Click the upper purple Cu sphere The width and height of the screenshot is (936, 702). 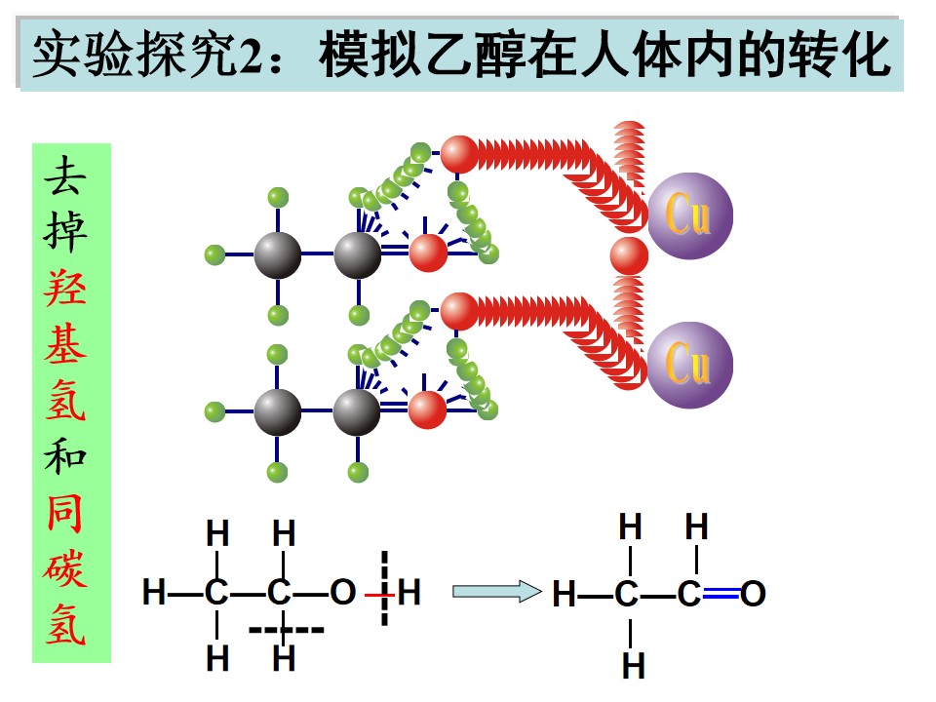point(690,216)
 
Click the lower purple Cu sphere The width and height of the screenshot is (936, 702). point(690,366)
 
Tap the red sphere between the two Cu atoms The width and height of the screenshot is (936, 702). point(629,256)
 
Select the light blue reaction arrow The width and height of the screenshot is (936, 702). point(496,592)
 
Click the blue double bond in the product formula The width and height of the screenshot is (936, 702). point(721,593)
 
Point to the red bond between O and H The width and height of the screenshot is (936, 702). point(379,595)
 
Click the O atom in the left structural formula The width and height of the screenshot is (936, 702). point(342,592)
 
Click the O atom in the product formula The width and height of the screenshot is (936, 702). point(753,594)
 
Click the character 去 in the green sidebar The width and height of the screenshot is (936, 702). point(65,176)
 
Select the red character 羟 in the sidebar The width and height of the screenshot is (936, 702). point(65,289)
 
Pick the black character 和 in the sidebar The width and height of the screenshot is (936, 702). point(65,456)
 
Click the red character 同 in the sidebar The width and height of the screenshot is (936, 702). point(65,514)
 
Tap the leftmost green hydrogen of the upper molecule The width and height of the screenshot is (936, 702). point(214,254)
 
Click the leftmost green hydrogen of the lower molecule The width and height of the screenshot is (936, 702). point(214,411)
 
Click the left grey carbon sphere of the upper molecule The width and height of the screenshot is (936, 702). point(278,255)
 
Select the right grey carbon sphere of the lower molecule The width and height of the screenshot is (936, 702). point(357,411)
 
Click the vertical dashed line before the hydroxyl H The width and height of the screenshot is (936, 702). point(384,588)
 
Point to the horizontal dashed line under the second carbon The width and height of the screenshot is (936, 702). point(286,630)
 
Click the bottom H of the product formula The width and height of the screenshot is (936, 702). point(634,666)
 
